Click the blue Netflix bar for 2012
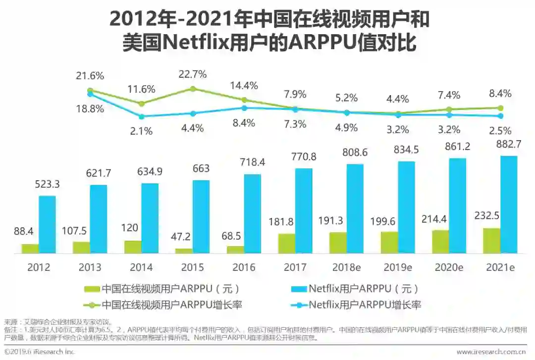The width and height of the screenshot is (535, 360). [47, 224]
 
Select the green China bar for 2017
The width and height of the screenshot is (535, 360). [286, 244]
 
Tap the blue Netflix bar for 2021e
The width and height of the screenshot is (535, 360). [509, 205]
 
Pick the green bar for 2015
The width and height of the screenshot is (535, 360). [184, 251]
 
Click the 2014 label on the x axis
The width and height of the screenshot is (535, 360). [141, 267]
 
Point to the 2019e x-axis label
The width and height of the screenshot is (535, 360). [398, 267]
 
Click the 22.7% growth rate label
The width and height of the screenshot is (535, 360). [193, 75]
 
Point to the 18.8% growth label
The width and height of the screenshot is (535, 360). [90, 109]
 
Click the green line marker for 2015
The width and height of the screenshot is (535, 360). [193, 89]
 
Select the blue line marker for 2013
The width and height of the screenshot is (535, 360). [142, 117]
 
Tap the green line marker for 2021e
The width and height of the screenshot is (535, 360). [501, 107]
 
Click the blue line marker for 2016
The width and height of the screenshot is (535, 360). [244, 107]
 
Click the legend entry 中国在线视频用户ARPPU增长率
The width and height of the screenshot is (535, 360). [171, 304]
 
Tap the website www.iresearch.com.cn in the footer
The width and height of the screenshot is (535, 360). [491, 352]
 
